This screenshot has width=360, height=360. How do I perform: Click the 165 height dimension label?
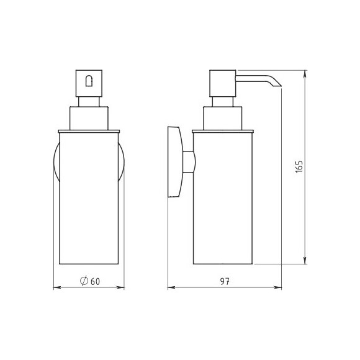299,167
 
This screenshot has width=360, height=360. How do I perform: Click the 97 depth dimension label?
225,281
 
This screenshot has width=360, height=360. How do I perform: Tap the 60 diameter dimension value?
96,281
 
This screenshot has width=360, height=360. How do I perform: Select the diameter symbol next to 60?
84,281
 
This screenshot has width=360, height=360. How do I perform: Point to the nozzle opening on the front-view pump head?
89,81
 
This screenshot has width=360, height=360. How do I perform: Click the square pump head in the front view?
89,83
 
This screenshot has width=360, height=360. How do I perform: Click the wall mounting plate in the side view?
174,162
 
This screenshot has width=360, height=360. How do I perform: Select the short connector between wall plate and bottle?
189,162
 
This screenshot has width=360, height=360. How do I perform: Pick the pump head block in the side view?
223,83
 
